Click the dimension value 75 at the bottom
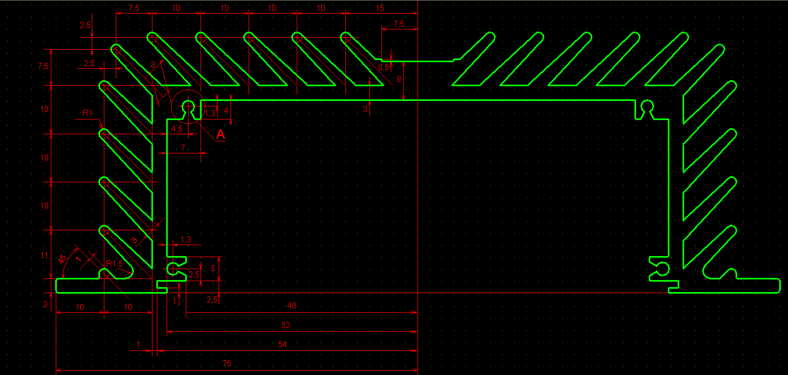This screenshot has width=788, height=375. (227, 364)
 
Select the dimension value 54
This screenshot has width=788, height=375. (283, 344)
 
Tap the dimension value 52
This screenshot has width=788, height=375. (285, 325)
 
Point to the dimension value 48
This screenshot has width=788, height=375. (291, 306)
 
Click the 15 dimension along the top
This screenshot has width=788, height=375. (381, 8)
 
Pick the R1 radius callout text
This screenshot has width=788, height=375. (87, 112)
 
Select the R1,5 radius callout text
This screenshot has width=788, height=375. (114, 264)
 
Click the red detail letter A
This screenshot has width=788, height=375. (220, 134)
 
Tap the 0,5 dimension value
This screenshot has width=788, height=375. (384, 67)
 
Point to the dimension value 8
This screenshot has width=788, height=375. (398, 79)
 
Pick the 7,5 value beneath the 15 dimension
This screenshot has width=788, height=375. (399, 24)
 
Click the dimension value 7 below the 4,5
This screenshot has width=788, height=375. (183, 148)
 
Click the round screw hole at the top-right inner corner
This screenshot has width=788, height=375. (648, 105)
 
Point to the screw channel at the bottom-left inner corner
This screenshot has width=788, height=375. (173, 268)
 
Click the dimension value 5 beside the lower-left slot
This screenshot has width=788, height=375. (213, 268)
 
